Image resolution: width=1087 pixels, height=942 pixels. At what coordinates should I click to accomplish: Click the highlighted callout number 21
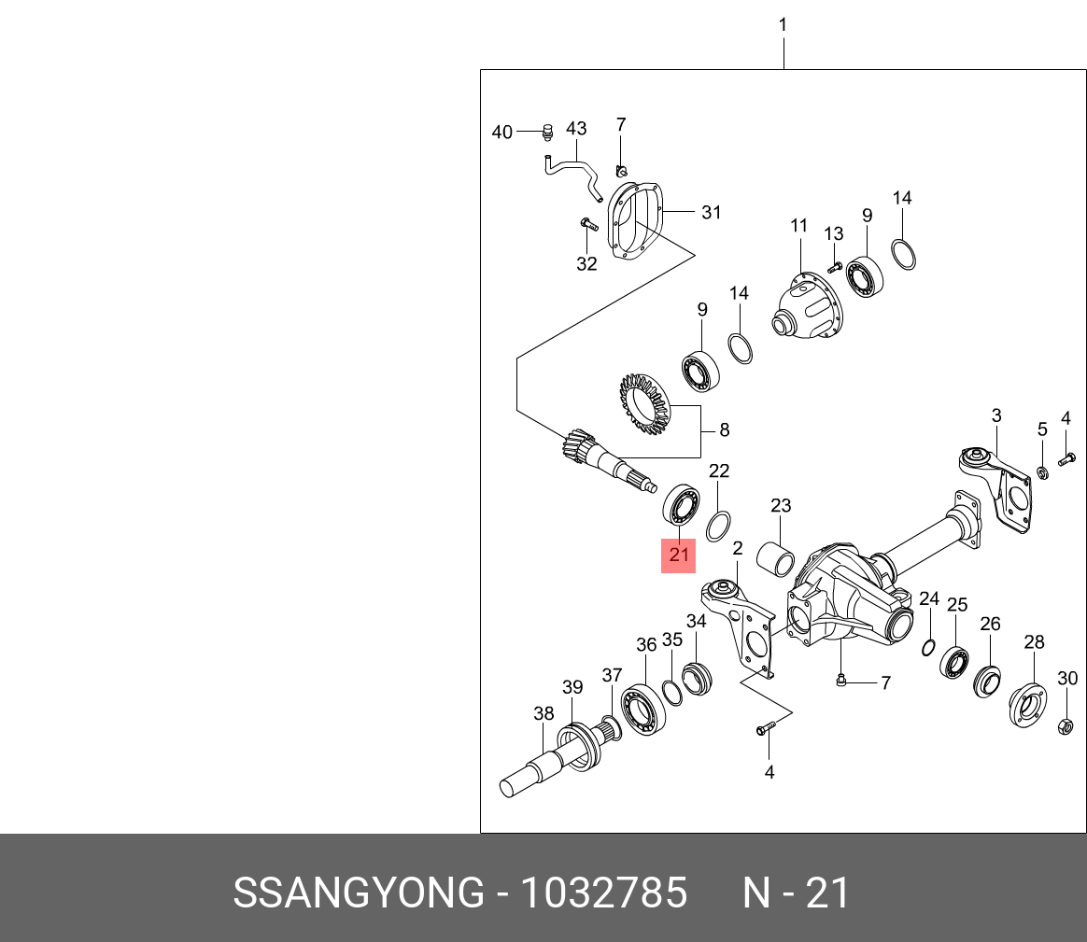[679, 555]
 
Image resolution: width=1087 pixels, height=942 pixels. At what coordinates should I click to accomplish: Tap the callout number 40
[502, 133]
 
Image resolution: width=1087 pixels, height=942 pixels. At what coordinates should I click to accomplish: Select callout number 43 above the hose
[576, 129]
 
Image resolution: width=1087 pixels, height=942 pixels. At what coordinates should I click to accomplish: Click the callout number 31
[712, 213]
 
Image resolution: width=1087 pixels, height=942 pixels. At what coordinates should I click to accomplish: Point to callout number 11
[798, 225]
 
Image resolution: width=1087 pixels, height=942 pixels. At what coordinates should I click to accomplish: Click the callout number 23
[781, 506]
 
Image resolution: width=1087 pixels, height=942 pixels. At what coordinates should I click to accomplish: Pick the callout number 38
[544, 713]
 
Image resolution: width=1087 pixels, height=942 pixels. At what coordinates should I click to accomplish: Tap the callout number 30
[1067, 678]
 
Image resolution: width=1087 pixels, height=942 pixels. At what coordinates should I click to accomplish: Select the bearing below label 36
[642, 710]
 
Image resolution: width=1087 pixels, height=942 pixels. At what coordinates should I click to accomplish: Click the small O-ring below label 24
[929, 648]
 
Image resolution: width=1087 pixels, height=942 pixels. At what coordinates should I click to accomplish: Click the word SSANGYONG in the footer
[358, 893]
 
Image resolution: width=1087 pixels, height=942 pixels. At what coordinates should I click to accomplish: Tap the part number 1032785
[603, 893]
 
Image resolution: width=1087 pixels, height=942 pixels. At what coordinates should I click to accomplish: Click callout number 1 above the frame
[783, 25]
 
